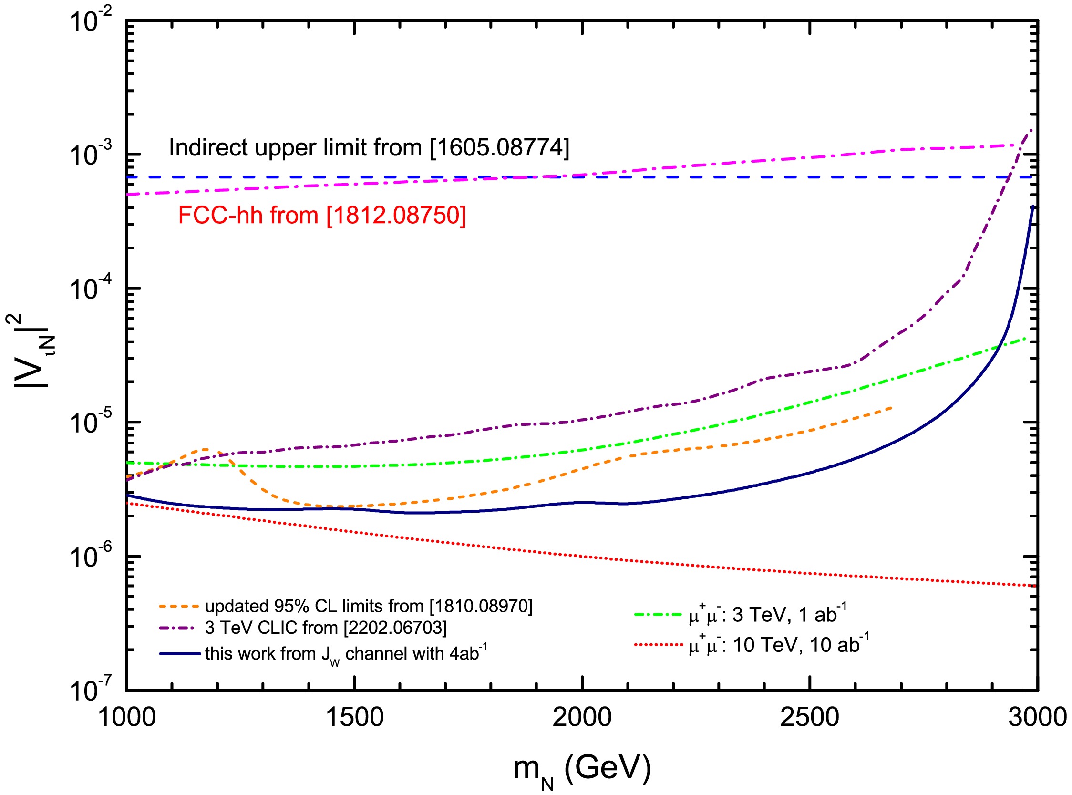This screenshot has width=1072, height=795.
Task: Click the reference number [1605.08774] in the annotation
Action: (x=499, y=147)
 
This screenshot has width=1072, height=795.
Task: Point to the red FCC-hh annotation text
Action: (x=321, y=215)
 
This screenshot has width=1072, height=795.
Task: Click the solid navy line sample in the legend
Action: (x=179, y=653)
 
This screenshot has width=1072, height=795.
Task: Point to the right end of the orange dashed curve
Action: (x=892, y=408)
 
